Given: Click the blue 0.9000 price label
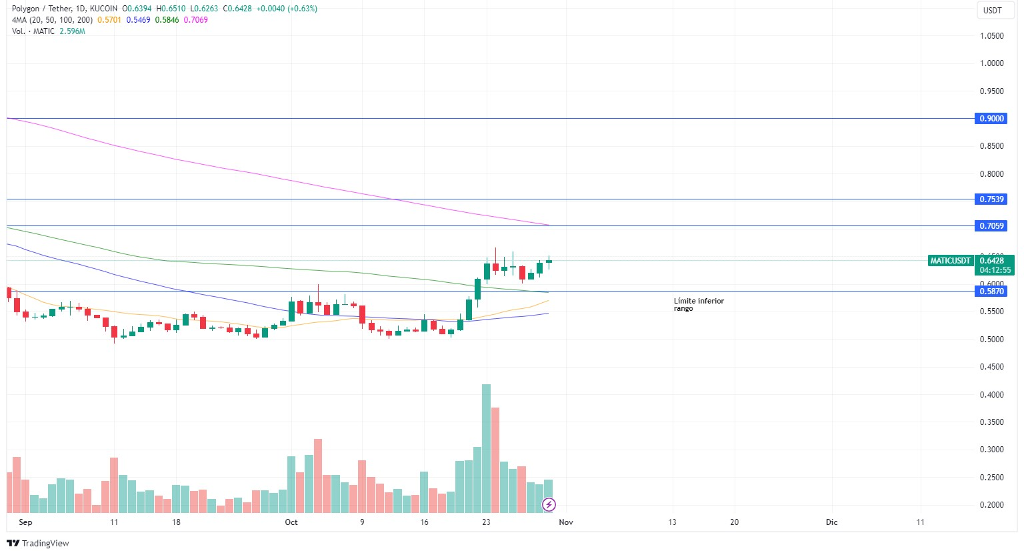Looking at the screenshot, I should pos(991,118).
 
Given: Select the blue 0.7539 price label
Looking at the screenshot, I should pos(991,199).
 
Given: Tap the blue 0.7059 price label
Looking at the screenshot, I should pos(991,226).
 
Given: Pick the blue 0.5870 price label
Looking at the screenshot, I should pos(991,292).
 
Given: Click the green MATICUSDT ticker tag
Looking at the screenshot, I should pos(950,261).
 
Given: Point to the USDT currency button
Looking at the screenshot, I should pos(993,10).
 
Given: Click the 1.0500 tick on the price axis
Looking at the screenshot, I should pos(991,36).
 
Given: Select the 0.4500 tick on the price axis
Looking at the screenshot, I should pos(991,367).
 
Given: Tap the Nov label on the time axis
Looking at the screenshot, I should pos(565,522).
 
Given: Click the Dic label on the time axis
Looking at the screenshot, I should pos(832,522).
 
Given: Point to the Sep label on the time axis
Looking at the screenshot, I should pos(25,522).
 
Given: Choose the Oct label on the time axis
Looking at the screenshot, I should pos(291,522).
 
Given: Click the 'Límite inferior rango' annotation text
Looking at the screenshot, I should pos(698,305).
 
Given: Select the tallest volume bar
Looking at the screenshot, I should pos(486,447).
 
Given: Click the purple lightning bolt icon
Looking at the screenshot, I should pos(549,504).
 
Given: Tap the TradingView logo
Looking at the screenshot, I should pos(38,543).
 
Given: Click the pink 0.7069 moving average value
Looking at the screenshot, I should pos(196,20).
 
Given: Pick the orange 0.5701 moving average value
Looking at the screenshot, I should pos(109,20).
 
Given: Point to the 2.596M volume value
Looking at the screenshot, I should pos(72,31).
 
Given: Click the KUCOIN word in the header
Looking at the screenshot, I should pos(103,9).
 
